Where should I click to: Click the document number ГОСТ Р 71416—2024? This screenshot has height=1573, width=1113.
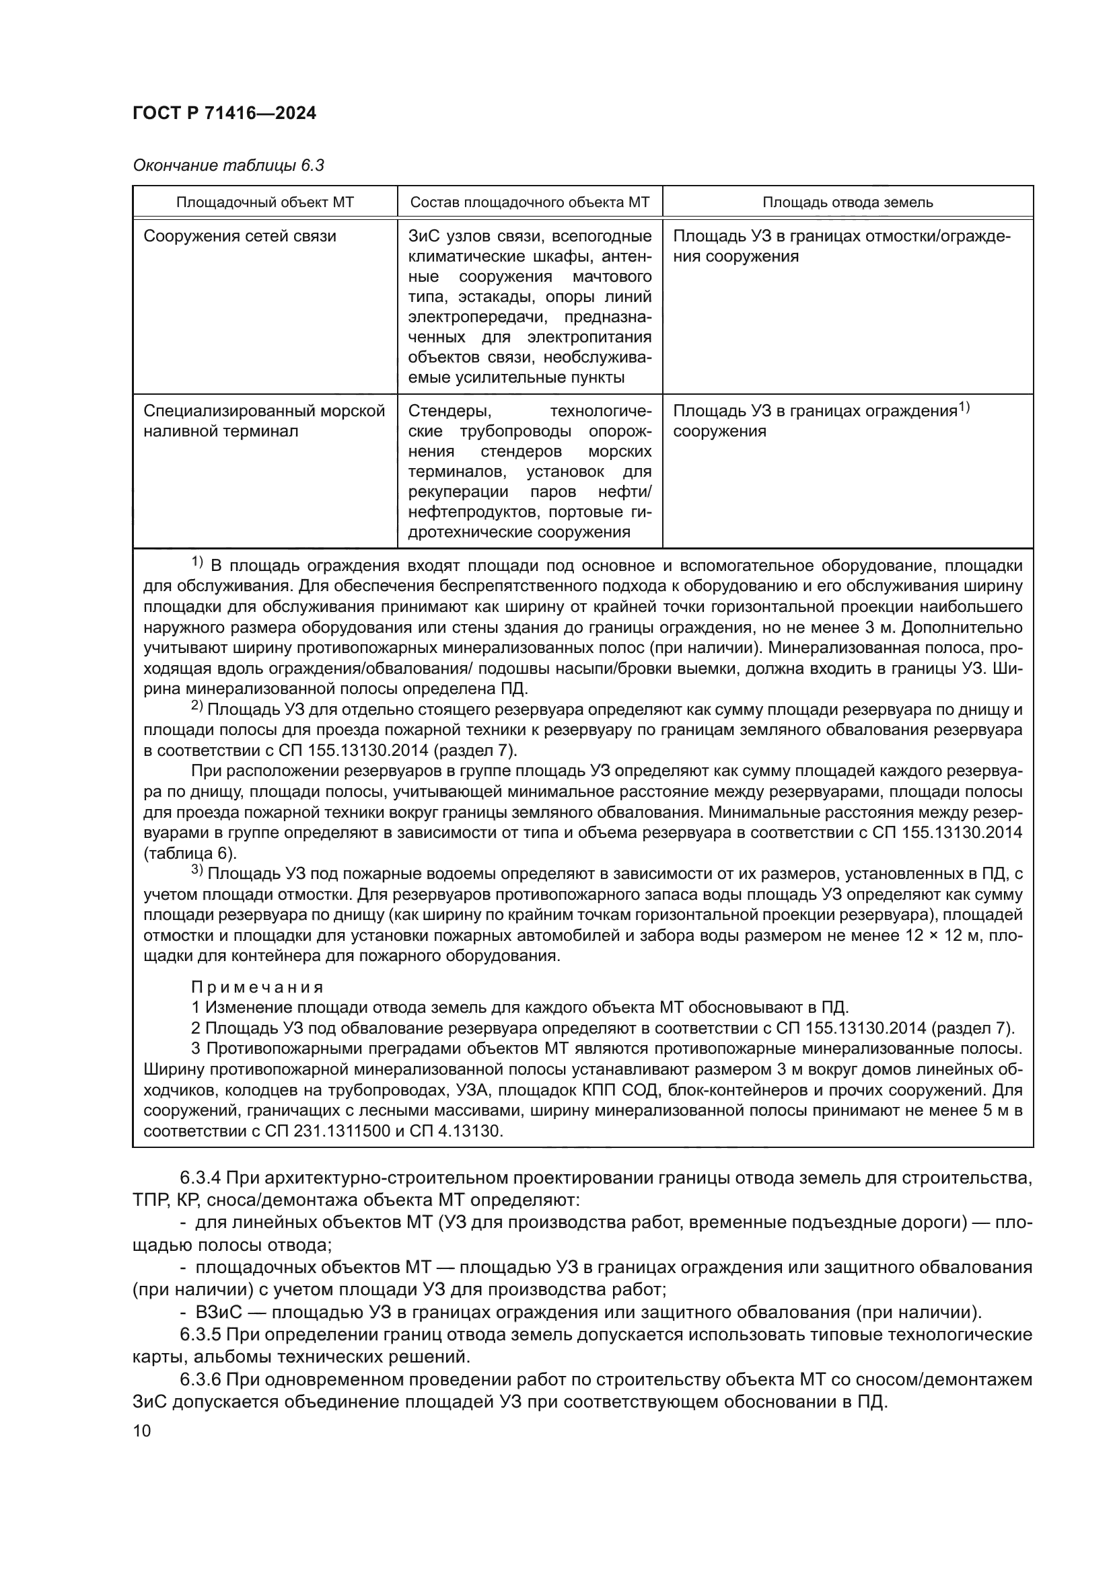click(225, 114)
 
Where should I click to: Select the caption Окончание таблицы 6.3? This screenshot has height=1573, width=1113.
click(228, 166)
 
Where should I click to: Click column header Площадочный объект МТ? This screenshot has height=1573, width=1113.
click(265, 202)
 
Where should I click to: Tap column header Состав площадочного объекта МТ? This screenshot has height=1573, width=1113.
click(530, 202)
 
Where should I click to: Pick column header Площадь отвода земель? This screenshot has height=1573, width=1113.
click(848, 202)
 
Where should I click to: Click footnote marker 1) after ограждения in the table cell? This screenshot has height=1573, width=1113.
click(964, 408)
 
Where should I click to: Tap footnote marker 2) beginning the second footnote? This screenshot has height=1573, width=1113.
click(196, 706)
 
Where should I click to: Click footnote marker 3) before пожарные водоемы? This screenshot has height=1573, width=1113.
click(196, 871)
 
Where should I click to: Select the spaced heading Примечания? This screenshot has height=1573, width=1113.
click(257, 987)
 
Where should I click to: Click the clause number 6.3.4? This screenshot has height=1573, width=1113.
click(200, 1178)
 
